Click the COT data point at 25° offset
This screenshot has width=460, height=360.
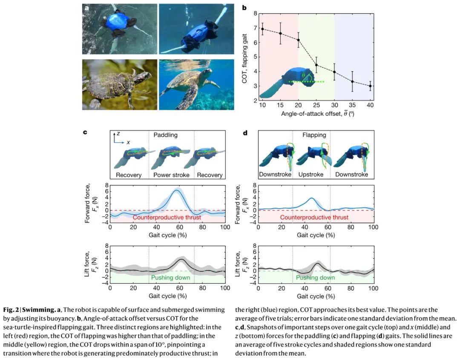click(316, 65)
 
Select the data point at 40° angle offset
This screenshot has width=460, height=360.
click(371, 86)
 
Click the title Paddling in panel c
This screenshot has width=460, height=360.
click(166, 135)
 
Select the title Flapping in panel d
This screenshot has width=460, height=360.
click(314, 135)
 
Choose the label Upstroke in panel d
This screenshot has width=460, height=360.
click(311, 175)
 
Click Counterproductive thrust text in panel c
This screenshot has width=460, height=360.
click(167, 217)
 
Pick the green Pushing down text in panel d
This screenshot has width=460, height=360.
click(315, 278)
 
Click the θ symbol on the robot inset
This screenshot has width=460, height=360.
click(303, 75)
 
